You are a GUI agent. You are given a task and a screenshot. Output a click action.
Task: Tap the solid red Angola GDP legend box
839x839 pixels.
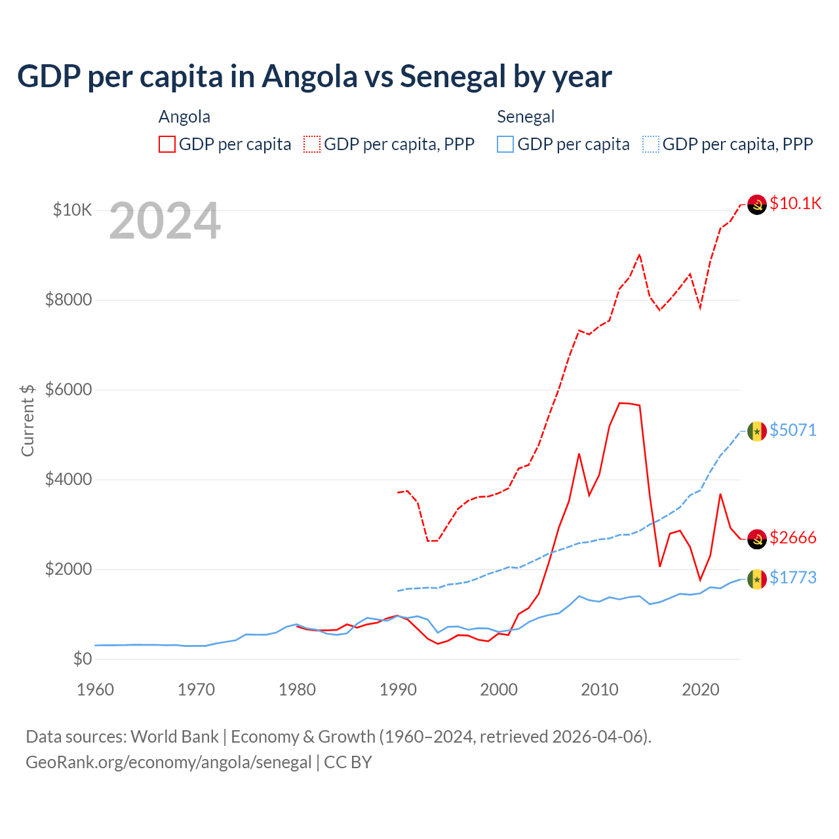pos(167,144)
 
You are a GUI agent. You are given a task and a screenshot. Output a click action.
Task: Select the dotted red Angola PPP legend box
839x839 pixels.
pos(312,144)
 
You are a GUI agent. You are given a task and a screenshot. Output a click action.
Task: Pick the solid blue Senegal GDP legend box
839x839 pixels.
pos(505,144)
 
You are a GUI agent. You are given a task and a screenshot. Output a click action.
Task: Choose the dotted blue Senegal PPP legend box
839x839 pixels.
pos(651,144)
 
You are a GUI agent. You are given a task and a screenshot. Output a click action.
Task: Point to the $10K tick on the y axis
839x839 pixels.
pos(72,210)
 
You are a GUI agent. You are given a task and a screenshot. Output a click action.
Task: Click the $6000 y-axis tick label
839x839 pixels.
pos(68,390)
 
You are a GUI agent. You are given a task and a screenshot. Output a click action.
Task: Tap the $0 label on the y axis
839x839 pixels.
pos(82,659)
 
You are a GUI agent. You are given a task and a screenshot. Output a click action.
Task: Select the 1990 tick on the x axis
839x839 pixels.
pos(398,690)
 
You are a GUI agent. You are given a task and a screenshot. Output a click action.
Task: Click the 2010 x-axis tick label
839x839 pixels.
pos(600,690)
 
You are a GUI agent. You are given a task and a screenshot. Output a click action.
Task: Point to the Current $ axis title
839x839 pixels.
pos(28,420)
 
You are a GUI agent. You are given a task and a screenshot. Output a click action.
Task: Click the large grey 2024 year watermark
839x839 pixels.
pos(165,222)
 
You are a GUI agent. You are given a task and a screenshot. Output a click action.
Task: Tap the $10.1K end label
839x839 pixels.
pos(795,203)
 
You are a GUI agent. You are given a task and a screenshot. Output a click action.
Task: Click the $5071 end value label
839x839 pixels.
pos(793,430)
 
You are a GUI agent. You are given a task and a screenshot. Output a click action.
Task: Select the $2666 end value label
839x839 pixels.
pos(793,537)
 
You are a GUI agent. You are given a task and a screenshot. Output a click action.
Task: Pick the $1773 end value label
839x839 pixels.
pos(793,577)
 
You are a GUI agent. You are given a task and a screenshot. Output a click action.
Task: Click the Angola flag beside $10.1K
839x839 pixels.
pos(757,205)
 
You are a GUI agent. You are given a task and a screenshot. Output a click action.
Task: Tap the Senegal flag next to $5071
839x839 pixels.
pos(757,431)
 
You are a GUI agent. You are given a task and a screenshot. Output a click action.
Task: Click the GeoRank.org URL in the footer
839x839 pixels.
pos(168,762)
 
